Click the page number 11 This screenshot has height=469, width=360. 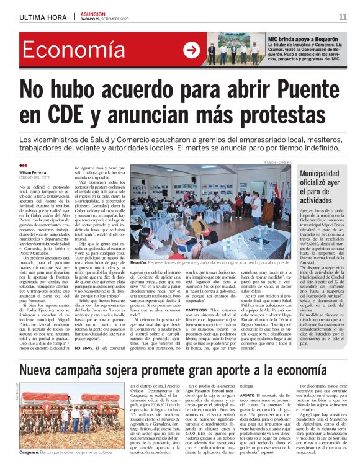342,16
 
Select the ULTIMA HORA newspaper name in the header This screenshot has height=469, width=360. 43,16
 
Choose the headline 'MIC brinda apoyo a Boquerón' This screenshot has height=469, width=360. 303,38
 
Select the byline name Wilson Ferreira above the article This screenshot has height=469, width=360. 34,172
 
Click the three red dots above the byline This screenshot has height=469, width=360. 23,165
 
